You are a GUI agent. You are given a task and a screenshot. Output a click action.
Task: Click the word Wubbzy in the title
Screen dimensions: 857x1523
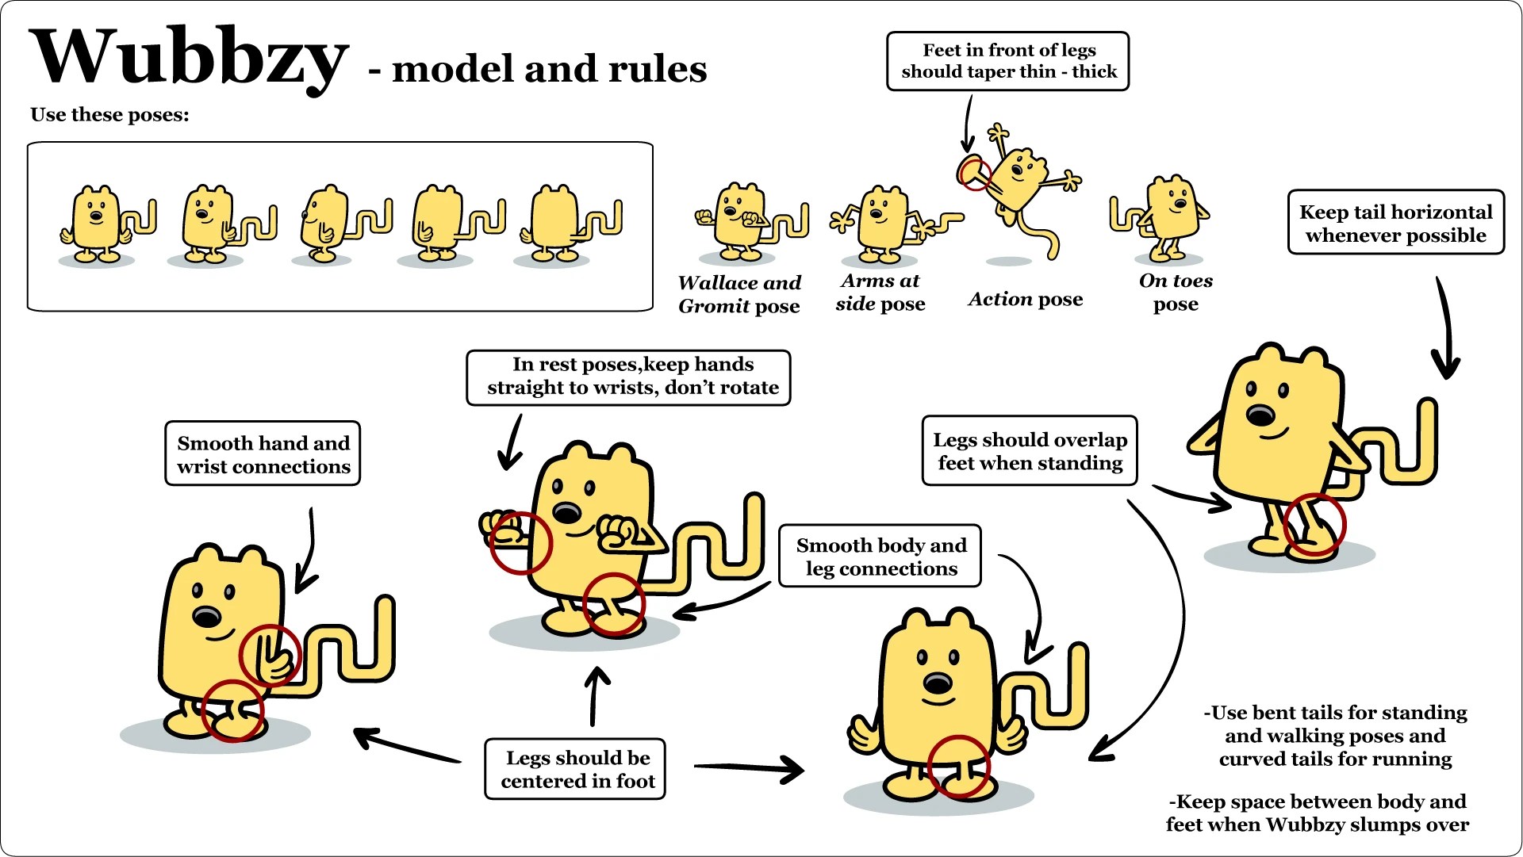pos(189,57)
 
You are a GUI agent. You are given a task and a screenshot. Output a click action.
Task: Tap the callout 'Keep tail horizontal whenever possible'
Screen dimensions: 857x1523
pos(1395,223)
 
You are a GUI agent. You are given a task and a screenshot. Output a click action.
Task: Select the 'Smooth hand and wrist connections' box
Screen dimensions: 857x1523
pos(263,453)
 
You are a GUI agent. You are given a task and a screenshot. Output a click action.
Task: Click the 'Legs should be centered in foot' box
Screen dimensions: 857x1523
pos(575,769)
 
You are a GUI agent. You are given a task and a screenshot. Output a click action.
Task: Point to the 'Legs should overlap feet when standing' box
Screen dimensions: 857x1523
pos(1029,450)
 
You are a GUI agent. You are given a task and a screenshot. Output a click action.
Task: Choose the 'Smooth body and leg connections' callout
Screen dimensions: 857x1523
pos(880,556)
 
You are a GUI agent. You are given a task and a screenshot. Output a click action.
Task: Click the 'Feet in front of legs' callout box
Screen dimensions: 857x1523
pos(1007,61)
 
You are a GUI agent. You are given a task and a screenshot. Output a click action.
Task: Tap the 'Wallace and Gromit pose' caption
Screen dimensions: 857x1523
pos(739,294)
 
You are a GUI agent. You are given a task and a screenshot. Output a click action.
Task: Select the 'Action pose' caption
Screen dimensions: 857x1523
pos(1025,299)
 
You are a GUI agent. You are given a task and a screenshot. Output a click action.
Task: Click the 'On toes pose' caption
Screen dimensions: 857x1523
pos(1176,292)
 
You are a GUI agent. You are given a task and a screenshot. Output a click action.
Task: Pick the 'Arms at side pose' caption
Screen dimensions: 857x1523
pos(880,292)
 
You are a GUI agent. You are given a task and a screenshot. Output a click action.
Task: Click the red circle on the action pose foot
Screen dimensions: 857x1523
pos(973,173)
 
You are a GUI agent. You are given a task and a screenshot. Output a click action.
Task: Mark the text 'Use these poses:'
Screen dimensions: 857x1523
pos(109,115)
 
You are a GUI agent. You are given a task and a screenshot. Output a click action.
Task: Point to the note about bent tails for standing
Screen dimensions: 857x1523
pos(1336,736)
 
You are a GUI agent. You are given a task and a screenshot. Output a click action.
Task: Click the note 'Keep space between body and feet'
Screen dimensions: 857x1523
pos(1317,813)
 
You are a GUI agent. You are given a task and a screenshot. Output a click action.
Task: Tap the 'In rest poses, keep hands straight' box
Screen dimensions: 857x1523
pos(628,377)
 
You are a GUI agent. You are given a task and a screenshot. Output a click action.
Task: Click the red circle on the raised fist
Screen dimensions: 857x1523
pos(520,543)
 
